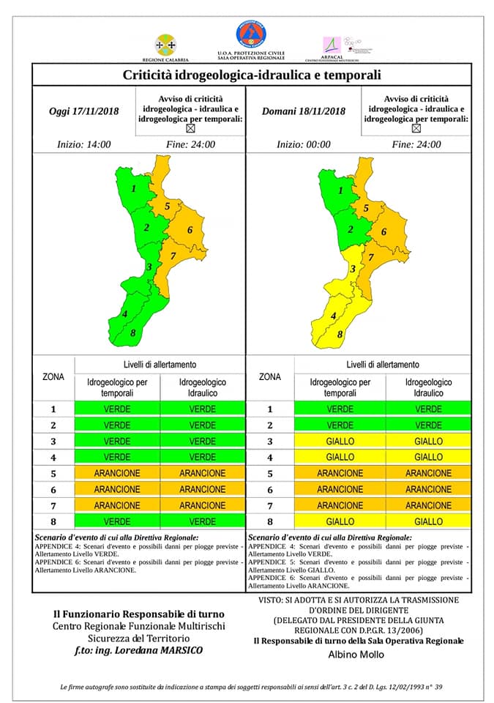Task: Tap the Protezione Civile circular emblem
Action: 250,34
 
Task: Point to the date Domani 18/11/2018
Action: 303,111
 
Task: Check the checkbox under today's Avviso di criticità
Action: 191,128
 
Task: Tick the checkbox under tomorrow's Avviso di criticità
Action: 416,128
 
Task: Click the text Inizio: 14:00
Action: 84,144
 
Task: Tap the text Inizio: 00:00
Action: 303,144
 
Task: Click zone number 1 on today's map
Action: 134,189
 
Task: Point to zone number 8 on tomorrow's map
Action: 340,335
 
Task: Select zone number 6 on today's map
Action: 190,231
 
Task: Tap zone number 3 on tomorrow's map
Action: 353,269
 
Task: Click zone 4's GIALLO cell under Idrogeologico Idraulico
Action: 428,457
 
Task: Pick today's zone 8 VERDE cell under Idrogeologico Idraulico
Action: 203,522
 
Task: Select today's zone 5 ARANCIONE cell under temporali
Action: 117,473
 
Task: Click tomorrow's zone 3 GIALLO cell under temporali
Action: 340,441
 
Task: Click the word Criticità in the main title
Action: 151,75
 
